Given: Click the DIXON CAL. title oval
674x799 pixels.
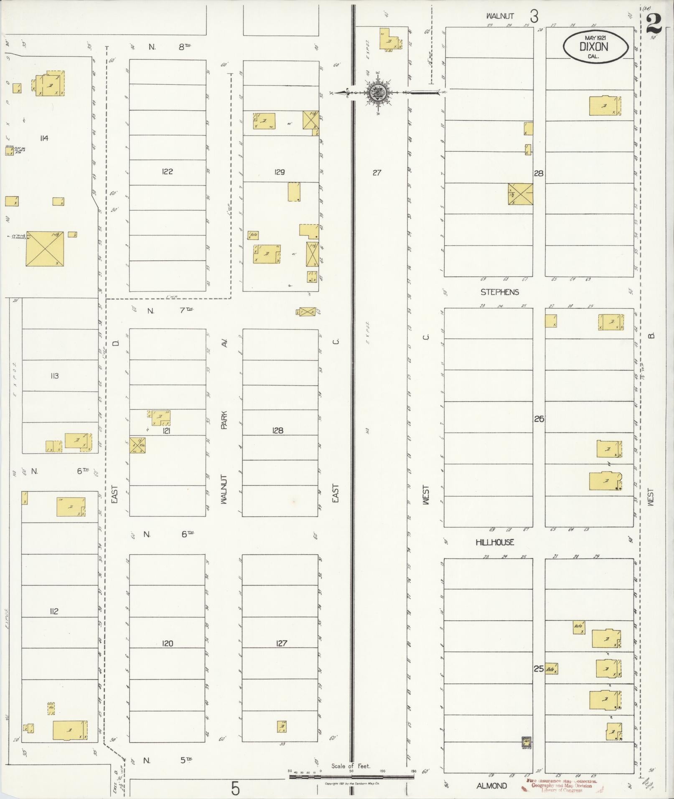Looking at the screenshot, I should tap(595, 48).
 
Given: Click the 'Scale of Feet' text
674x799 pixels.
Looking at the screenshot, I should tap(351, 766).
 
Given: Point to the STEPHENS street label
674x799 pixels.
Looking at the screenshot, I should tap(499, 292).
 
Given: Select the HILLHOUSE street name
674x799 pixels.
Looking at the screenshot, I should tap(495, 542).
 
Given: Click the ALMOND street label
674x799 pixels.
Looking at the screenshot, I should tap(491, 786).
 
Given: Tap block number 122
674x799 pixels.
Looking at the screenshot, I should tap(167, 171).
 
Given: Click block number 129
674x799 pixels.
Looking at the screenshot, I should tap(280, 172).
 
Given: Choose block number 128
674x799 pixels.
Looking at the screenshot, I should tap(277, 430).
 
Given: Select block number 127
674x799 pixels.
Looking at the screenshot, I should tap(281, 643).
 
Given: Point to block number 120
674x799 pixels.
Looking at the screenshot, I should tap(167, 643).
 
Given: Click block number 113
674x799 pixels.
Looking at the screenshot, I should tap(54, 375).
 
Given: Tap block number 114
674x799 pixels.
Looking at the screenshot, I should tap(44, 138).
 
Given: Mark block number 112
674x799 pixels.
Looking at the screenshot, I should tap(53, 611).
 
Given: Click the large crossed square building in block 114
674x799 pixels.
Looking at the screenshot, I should tap(45, 249).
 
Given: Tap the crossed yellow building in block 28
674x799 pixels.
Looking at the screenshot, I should tap(520, 194).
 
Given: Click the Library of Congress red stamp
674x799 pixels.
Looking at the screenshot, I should tap(561, 786).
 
